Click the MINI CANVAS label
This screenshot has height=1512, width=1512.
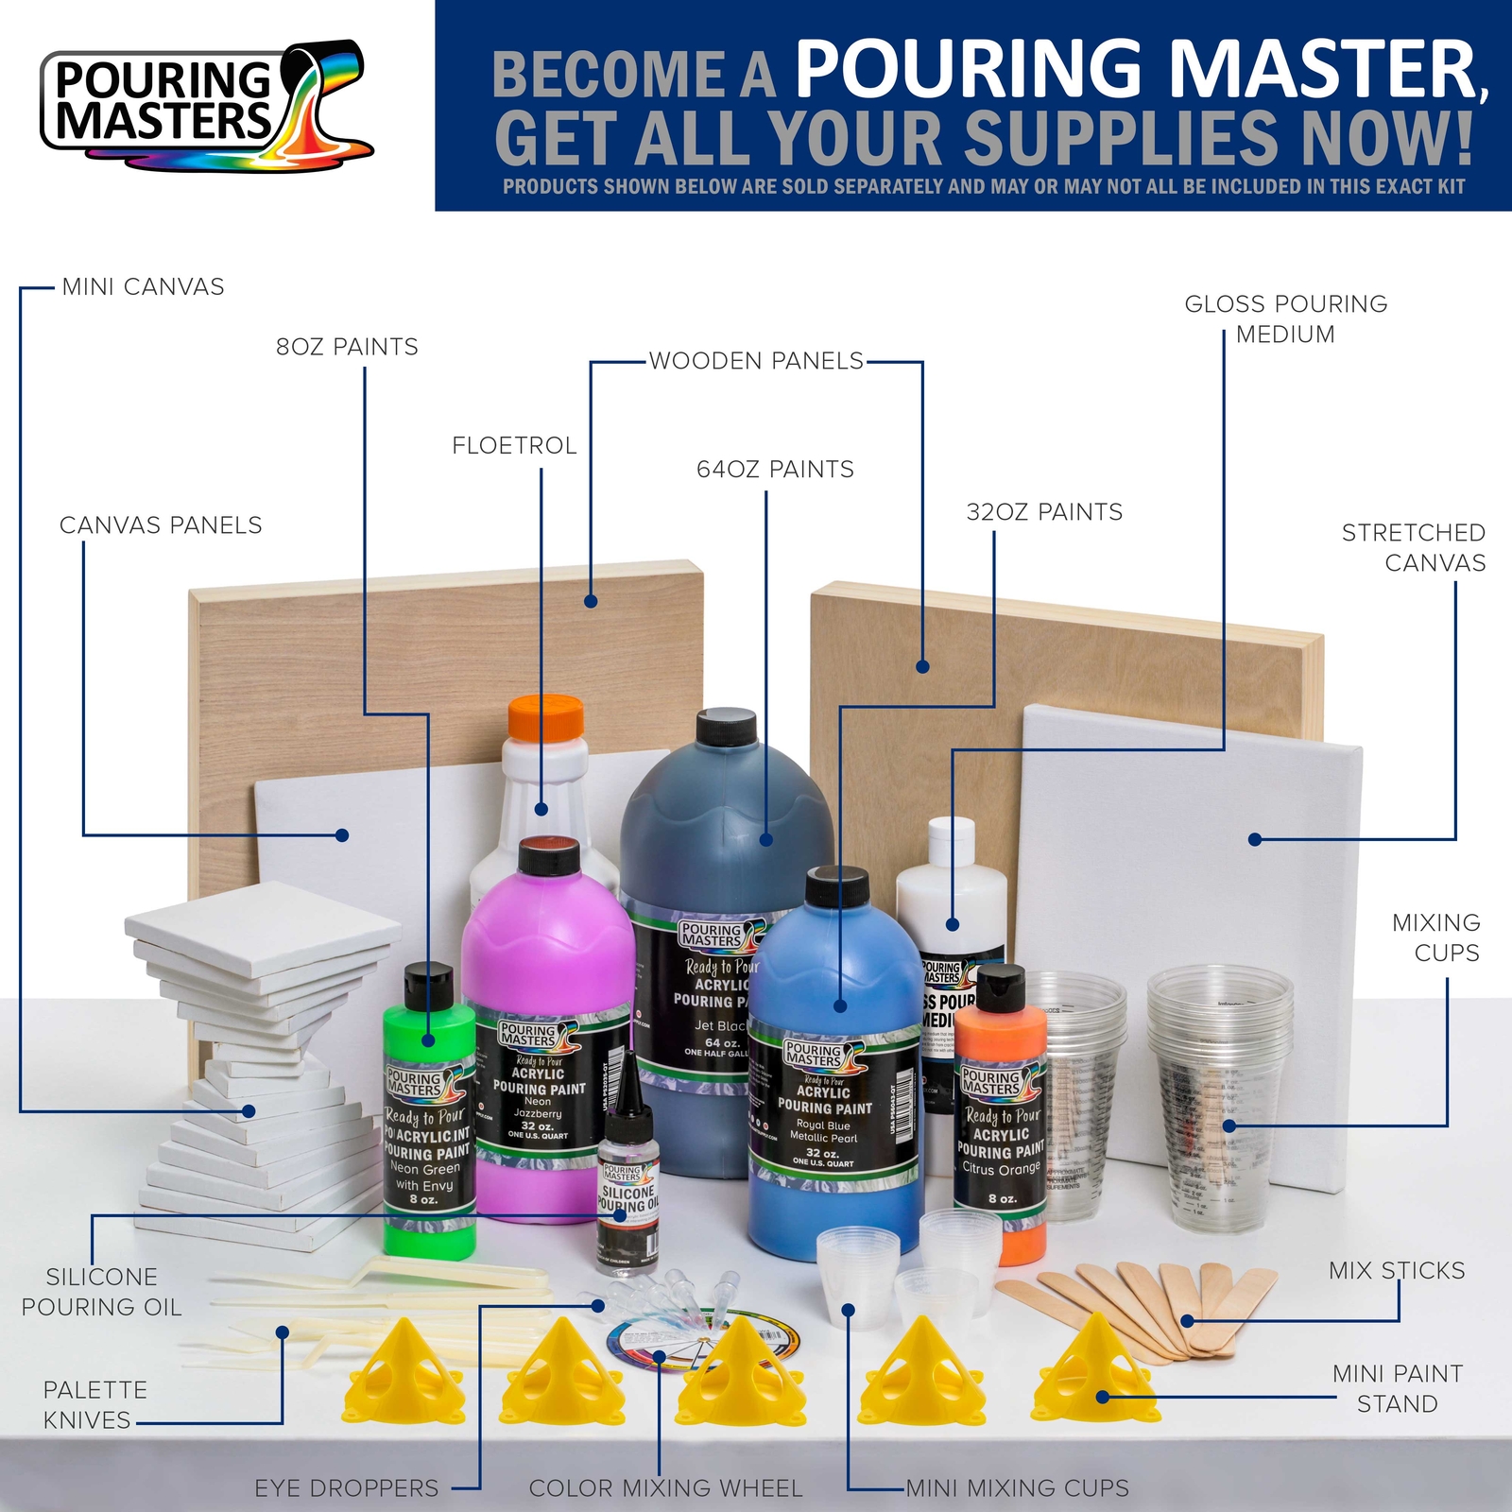pyautogui.click(x=143, y=287)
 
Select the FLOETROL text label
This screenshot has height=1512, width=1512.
pyautogui.click(x=514, y=446)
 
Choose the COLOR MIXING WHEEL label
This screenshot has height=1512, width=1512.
pyautogui.click(x=665, y=1488)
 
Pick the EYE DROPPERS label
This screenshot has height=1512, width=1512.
pyautogui.click(x=347, y=1488)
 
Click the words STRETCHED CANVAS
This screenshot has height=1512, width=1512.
pyautogui.click(x=1413, y=548)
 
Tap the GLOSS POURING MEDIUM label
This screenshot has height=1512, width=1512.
pyautogui.click(x=1286, y=319)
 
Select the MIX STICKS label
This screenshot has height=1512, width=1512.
pyautogui.click(x=1397, y=1271)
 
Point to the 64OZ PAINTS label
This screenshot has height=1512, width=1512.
pyautogui.click(x=775, y=470)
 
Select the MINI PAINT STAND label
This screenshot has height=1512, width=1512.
pyautogui.click(x=1398, y=1389)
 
